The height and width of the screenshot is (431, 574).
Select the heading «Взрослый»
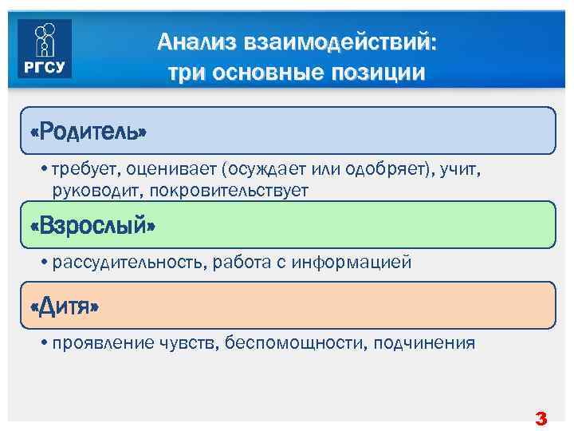coord(92,225)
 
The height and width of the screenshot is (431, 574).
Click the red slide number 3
coord(541,417)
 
